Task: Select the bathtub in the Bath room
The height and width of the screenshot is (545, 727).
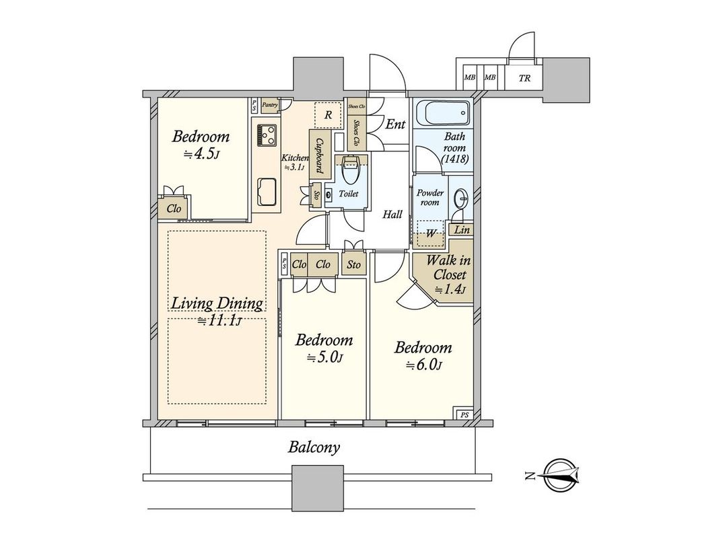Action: [x=442, y=114]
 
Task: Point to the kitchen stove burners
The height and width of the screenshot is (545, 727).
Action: [x=267, y=135]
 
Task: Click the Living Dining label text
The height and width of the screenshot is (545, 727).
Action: [x=217, y=303]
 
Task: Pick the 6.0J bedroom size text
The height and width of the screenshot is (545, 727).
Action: [x=423, y=365]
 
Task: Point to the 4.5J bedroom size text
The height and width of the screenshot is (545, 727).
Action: [x=201, y=154]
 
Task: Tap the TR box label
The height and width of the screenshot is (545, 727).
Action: [x=524, y=78]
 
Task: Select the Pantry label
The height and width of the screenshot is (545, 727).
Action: [x=270, y=104]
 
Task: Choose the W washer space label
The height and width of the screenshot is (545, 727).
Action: [x=429, y=233]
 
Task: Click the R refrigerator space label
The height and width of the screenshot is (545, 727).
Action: [x=328, y=114]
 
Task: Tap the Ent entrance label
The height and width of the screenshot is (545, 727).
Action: [x=395, y=124]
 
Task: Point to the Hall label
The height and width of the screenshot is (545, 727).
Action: [x=392, y=215]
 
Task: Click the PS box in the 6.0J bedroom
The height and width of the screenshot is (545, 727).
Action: [x=464, y=414]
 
